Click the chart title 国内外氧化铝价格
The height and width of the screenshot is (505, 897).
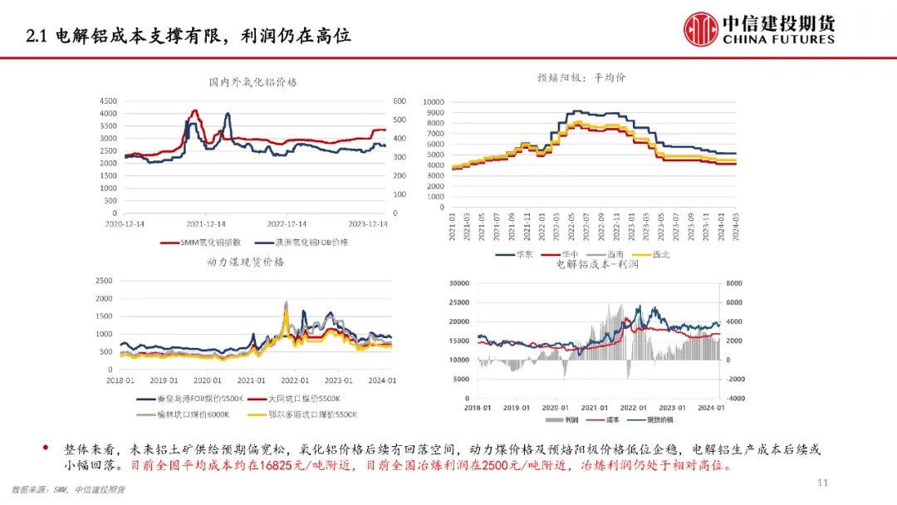(x=252, y=82)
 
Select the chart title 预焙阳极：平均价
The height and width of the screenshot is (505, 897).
(x=581, y=78)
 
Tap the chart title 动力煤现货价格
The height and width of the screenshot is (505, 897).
(x=245, y=262)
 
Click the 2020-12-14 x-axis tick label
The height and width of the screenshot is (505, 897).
(x=125, y=224)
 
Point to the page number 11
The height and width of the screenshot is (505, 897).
(x=823, y=483)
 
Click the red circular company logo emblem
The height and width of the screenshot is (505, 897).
(x=701, y=29)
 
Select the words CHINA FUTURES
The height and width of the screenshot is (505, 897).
(x=779, y=39)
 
